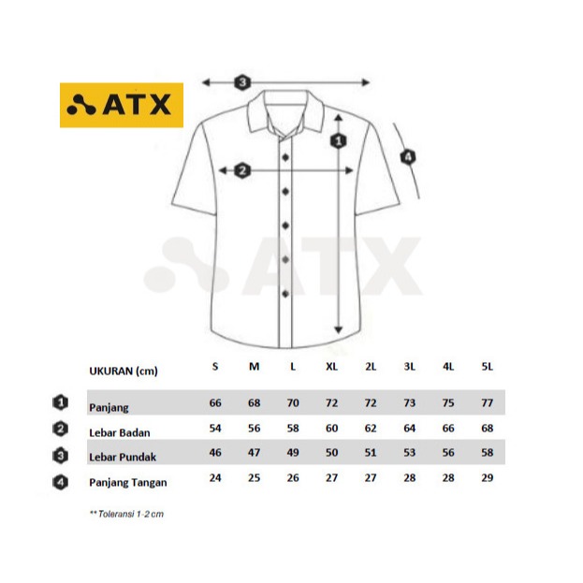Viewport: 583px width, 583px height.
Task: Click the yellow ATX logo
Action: click(122, 105)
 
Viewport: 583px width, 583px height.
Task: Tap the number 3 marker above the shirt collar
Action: click(242, 82)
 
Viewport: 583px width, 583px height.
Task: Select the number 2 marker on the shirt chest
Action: click(242, 170)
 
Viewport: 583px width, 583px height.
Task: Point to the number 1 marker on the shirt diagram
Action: click(339, 141)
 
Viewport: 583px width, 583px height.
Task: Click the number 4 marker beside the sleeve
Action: click(408, 157)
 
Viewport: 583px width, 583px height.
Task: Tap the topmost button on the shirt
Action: click(285, 157)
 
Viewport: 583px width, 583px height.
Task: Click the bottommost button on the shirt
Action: click(285, 294)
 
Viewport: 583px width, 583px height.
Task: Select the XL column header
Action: click(331, 367)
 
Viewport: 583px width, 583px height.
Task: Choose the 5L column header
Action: click(487, 367)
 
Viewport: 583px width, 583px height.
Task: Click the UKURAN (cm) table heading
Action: click(124, 372)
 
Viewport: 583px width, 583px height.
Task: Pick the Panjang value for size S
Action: click(215, 402)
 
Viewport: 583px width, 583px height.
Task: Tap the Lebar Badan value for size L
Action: click(293, 428)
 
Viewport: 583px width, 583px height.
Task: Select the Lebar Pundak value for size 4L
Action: click(448, 453)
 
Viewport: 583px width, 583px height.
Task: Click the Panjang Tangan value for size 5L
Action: click(487, 478)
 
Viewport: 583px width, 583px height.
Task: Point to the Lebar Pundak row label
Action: click(123, 457)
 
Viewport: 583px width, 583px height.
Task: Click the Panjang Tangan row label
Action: click(128, 483)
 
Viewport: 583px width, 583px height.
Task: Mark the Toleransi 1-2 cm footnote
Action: click(126, 514)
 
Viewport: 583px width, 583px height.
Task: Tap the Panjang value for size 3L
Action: click(409, 402)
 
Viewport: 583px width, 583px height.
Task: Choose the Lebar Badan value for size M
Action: click(254, 428)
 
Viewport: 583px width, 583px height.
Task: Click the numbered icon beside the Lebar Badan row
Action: click(60, 430)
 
